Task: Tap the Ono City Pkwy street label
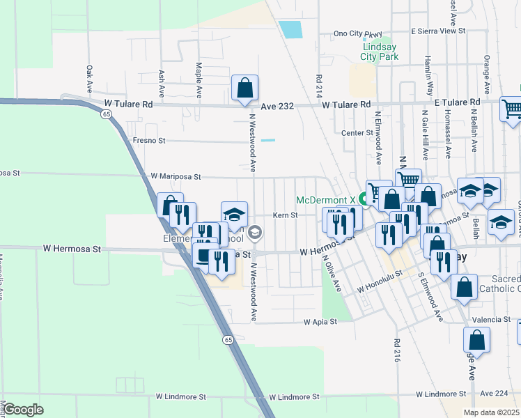click(x=358, y=33)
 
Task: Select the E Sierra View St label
click(x=437, y=31)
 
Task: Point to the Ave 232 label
click(x=278, y=106)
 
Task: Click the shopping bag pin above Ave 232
click(x=244, y=88)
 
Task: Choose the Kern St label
click(x=285, y=215)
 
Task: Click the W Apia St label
click(x=320, y=322)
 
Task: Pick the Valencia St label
click(x=492, y=319)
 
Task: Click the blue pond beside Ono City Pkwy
click(x=290, y=29)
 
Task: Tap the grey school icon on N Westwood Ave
click(x=255, y=232)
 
